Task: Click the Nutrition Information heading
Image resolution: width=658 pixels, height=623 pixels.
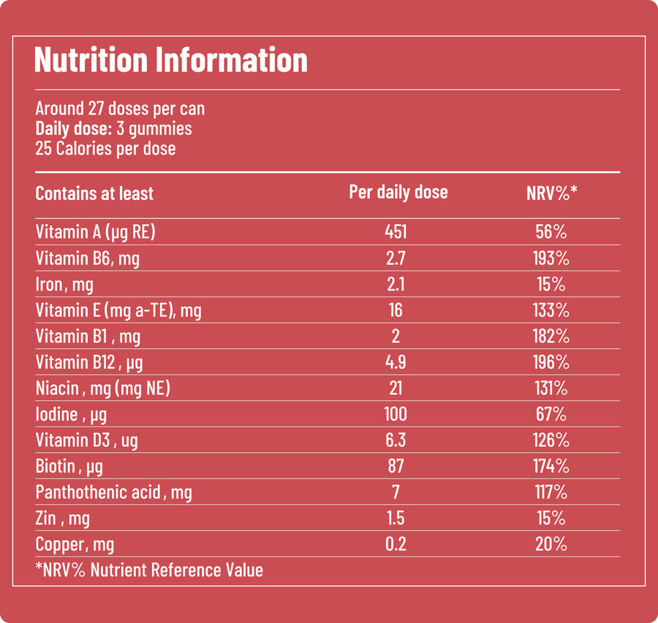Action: (171, 60)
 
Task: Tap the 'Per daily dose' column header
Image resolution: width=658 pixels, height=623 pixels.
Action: (398, 192)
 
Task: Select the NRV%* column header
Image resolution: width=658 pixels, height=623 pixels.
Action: (551, 193)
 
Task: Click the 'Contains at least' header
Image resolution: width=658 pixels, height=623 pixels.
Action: (94, 194)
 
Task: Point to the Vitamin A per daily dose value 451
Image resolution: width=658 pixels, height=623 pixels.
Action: (396, 232)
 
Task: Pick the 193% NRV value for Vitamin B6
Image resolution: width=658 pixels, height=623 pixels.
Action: (551, 259)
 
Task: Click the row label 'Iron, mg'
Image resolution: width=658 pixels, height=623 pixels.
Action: (64, 285)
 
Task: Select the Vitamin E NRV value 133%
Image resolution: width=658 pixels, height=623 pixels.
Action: (551, 310)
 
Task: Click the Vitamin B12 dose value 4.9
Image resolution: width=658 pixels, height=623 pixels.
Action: (396, 362)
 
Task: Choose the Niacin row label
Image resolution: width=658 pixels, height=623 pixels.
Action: (103, 389)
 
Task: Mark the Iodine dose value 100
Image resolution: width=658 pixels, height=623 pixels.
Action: (396, 414)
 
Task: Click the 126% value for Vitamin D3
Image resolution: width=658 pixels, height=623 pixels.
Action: (551, 440)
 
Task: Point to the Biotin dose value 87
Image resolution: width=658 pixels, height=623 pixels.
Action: (396, 466)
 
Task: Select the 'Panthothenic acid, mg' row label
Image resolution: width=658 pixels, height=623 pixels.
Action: (114, 492)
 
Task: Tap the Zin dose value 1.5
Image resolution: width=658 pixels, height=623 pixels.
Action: (396, 518)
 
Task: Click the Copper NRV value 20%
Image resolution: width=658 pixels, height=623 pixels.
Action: (551, 544)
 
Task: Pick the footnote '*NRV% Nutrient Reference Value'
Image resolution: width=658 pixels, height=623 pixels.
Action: (149, 570)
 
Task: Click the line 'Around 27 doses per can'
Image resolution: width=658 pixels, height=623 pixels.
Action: (120, 109)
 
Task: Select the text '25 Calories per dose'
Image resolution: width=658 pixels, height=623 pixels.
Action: (105, 149)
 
